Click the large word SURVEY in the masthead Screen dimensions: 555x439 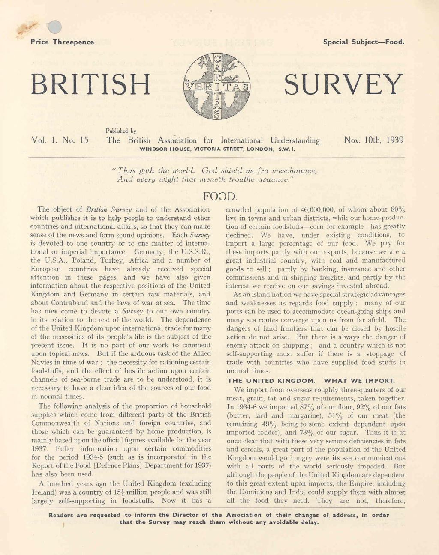click(343, 84)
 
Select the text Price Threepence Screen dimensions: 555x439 click(62, 42)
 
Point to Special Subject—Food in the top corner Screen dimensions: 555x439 click(364, 42)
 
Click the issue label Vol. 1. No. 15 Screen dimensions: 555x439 click(60, 140)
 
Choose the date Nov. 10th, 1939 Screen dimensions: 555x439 click(373, 140)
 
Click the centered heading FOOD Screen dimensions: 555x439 click(219, 196)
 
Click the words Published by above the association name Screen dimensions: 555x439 click(121, 131)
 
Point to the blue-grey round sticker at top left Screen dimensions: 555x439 click(54, 27)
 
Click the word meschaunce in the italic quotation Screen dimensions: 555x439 click(295, 171)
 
